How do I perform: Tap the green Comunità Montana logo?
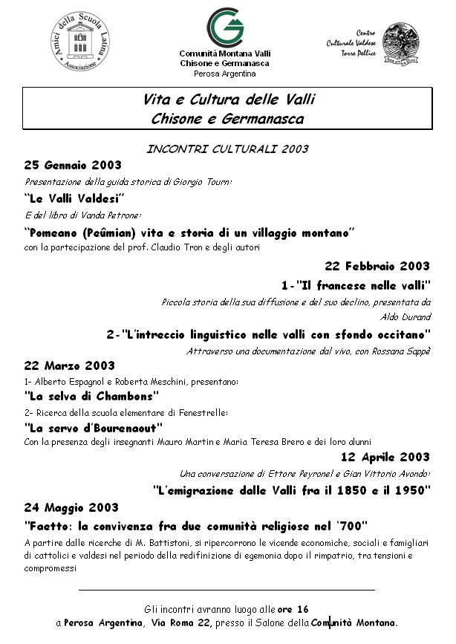(225, 27)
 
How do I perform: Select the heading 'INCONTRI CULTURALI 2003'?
(227, 149)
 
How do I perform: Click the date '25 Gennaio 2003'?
(73, 165)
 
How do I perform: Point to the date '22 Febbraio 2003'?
(377, 266)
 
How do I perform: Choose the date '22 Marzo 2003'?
(70, 365)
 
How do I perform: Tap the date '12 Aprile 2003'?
(385, 456)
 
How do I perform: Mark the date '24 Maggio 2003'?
(71, 508)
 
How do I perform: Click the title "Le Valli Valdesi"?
(74, 198)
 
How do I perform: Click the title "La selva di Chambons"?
(92, 396)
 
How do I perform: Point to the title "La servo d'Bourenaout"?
(94, 428)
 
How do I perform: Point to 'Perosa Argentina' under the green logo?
(224, 74)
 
